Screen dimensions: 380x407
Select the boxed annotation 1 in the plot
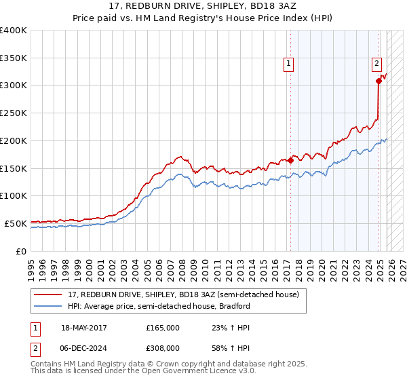(288, 64)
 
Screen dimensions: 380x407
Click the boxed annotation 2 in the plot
(376, 64)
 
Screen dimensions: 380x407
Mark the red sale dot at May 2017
(290, 160)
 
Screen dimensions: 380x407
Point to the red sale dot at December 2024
(379, 81)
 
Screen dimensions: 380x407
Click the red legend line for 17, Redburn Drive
(49, 295)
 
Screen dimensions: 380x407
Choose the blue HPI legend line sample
(49, 307)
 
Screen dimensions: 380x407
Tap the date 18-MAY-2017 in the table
(83, 328)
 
